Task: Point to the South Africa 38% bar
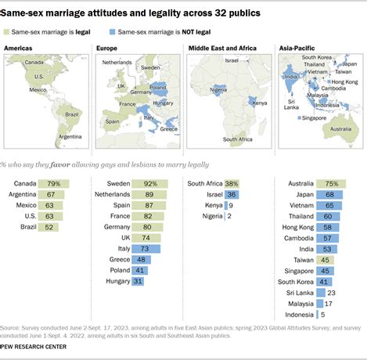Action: point(230,184)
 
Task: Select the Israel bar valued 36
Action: point(230,196)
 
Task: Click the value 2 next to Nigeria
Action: point(229,221)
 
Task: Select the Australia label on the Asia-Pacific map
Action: point(343,128)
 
